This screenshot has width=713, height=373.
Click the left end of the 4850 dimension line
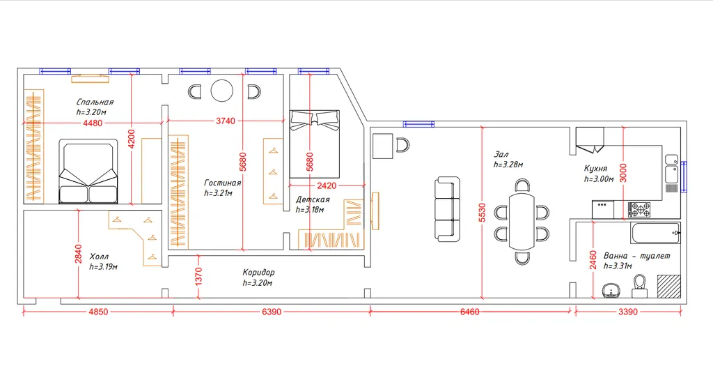[23, 312]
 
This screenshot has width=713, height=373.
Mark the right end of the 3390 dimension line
[681, 312]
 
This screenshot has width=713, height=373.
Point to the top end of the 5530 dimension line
[483, 127]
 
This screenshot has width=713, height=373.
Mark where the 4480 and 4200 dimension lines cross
[132, 122]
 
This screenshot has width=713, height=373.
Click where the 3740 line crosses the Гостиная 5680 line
[243, 121]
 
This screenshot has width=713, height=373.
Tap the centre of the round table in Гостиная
[222, 91]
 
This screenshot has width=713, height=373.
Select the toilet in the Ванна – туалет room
[640, 286]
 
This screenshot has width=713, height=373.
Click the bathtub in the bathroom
[655, 234]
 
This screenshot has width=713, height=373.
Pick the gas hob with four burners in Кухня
[639, 209]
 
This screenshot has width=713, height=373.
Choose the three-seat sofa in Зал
[447, 209]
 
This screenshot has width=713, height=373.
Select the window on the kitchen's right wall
[684, 176]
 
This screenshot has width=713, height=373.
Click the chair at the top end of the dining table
[522, 185]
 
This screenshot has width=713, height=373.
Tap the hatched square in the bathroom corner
[668, 286]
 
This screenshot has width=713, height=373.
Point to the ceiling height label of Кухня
[599, 179]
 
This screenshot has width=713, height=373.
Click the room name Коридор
[258, 273]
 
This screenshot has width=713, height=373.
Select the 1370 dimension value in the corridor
[198, 277]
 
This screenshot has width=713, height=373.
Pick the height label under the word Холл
[103, 267]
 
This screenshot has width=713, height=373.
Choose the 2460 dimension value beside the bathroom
[593, 259]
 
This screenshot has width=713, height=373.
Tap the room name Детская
[313, 199]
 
